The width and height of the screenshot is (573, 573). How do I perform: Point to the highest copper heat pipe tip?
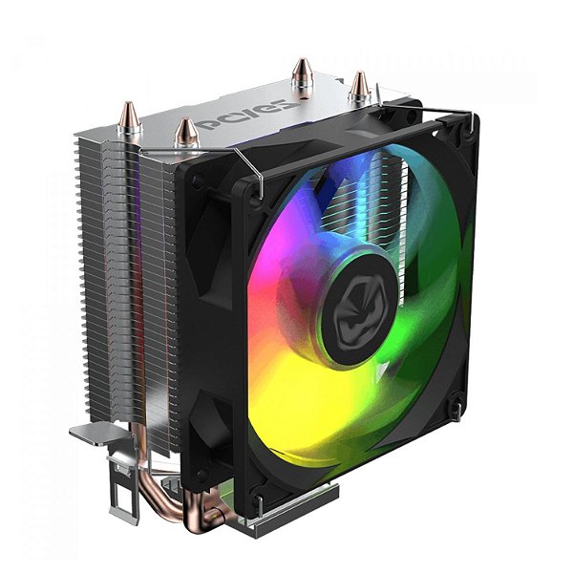(303, 71)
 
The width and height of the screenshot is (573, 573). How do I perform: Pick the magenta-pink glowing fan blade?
(286, 258)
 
